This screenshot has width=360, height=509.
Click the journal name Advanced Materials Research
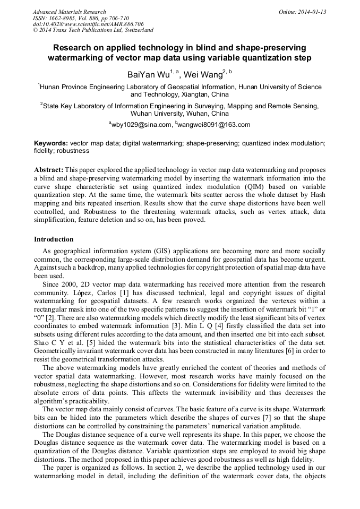point(69,12)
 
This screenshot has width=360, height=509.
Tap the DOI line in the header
point(88,24)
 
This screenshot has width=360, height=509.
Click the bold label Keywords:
point(51,144)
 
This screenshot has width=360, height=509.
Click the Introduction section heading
point(54,239)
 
